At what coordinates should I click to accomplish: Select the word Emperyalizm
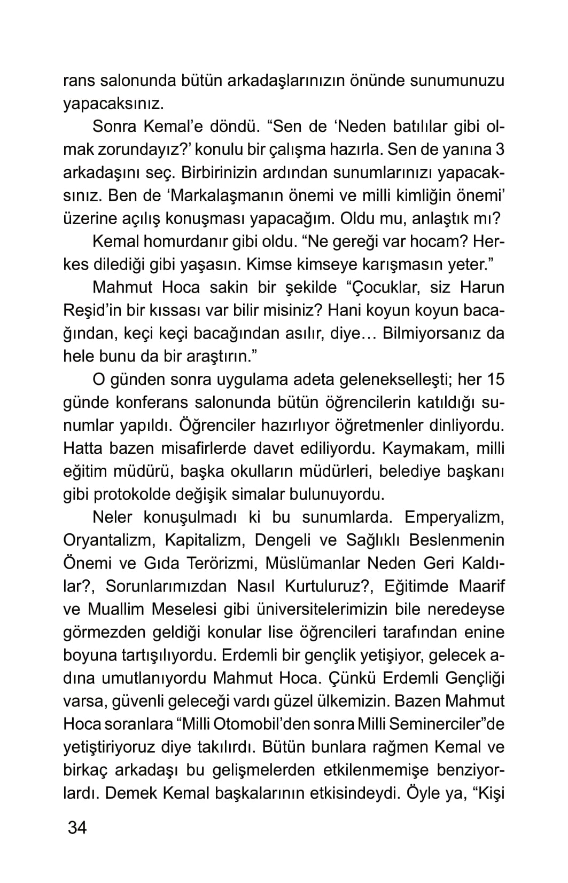tap(455, 517)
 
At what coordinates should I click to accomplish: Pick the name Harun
tap(483, 287)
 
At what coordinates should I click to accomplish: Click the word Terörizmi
tap(220, 563)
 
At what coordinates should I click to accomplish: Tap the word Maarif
tap(481, 586)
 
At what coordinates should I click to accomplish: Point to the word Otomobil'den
tap(271, 724)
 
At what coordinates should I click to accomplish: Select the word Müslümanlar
tap(325, 563)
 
